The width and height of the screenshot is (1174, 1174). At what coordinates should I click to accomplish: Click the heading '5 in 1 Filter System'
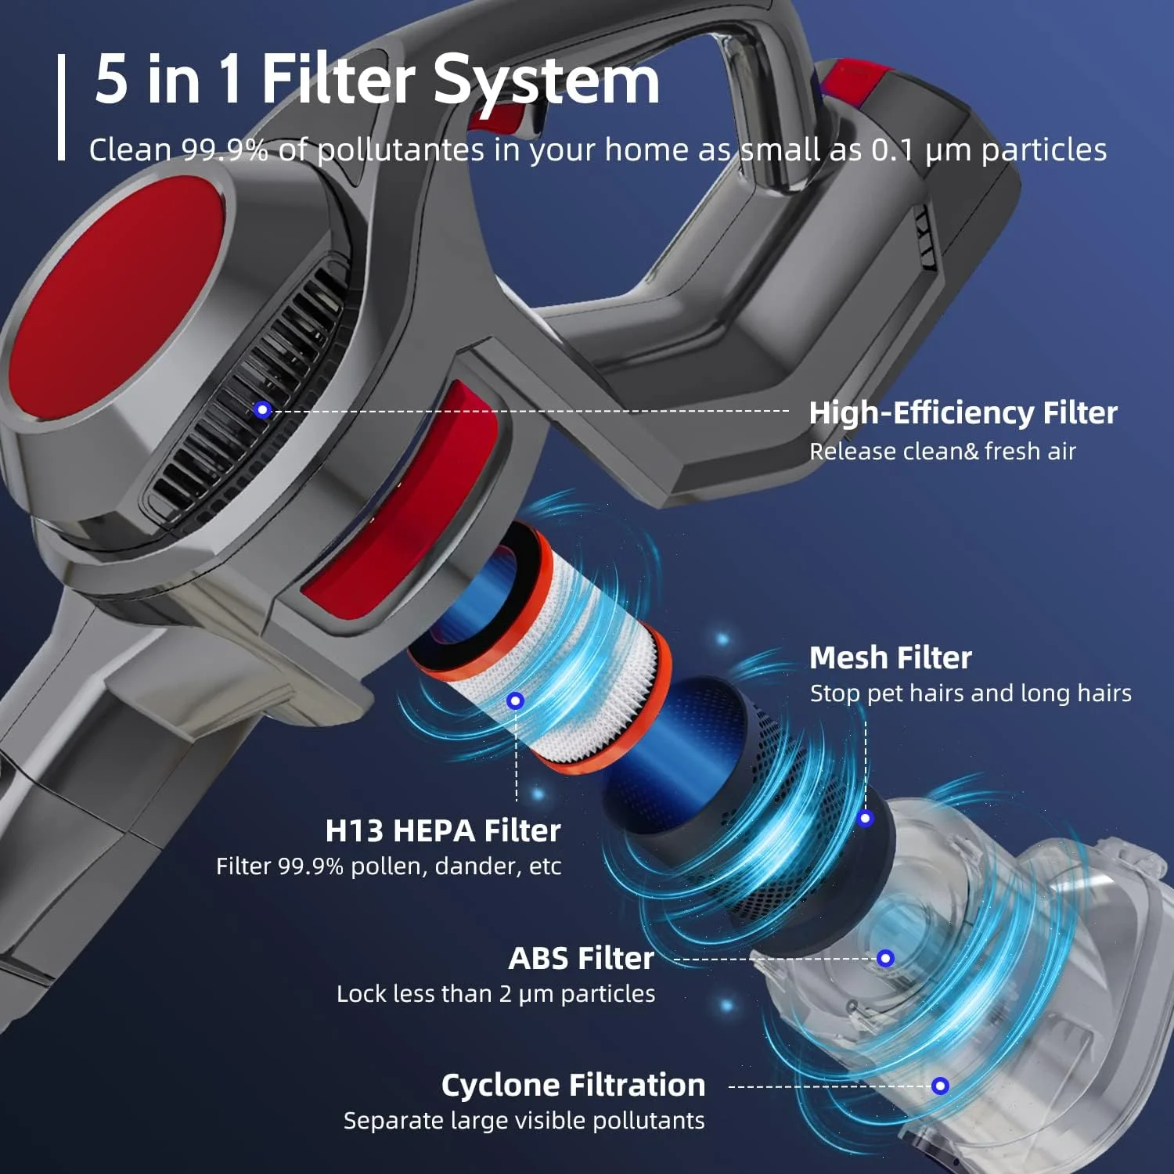(377, 80)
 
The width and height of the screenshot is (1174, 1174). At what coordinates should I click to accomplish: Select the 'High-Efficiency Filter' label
(963, 412)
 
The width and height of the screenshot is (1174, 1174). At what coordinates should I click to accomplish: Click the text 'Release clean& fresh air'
(942, 452)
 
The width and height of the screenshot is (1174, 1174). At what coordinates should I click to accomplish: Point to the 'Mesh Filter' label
(891, 657)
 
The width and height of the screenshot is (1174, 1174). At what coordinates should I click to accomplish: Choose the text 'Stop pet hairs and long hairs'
(971, 693)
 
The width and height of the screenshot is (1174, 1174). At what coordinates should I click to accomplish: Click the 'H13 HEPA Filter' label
(443, 830)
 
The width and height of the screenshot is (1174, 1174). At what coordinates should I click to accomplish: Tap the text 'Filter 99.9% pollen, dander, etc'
(389, 866)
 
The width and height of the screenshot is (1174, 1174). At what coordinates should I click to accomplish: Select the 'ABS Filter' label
(582, 958)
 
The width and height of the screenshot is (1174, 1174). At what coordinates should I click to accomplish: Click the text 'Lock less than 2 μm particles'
(496, 994)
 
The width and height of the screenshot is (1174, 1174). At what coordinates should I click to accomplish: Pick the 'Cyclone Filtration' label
(574, 1086)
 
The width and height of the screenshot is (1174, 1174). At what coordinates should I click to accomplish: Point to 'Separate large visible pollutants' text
(524, 1121)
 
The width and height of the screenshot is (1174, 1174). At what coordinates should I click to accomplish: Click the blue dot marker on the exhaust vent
(263, 409)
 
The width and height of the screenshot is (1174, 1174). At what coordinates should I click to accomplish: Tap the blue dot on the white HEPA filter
(515, 700)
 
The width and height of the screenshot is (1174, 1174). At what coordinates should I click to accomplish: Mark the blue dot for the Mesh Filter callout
(865, 819)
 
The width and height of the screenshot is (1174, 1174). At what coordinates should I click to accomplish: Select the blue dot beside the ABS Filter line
(886, 958)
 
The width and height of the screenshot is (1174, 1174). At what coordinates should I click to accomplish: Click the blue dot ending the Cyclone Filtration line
(940, 1086)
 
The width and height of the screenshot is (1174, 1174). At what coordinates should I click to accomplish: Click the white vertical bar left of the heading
(62, 107)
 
